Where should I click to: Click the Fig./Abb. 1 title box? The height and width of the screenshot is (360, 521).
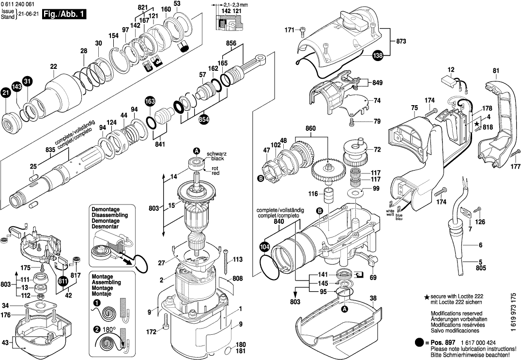coord(63,15)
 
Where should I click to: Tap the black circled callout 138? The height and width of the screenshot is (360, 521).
coord(378,56)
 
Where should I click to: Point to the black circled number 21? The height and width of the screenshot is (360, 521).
coord(6,93)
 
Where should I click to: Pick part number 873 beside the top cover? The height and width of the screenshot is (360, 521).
coord(401,42)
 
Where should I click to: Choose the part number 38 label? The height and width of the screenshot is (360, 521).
coord(373,299)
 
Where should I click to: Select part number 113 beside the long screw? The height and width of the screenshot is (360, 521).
coord(237,260)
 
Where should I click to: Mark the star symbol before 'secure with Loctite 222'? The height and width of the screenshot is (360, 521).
coord(427,296)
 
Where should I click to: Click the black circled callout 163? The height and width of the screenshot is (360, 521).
coord(150,102)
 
